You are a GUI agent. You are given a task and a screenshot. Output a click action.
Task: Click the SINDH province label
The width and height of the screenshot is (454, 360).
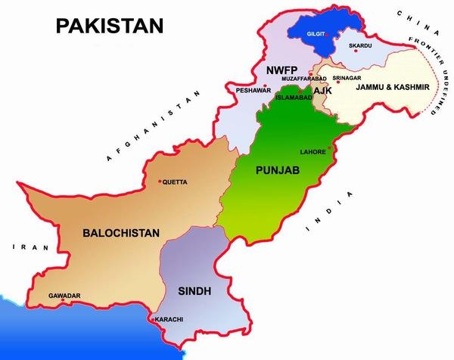point(194,290)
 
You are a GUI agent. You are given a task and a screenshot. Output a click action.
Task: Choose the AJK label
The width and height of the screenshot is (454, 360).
point(322,91)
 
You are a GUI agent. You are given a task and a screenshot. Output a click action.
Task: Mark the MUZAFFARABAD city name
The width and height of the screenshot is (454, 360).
point(303,78)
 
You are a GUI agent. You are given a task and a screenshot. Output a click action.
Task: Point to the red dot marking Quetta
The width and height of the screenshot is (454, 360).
point(160,182)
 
